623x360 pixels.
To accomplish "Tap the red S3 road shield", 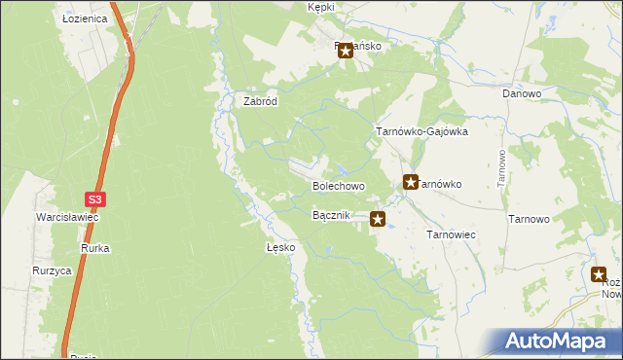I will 94,199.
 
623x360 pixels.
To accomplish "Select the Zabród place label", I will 261,100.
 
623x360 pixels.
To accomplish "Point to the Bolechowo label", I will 338,185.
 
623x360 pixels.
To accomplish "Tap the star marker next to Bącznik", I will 378,220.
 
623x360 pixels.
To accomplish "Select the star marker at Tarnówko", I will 411,182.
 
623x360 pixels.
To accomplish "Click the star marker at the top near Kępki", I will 345,52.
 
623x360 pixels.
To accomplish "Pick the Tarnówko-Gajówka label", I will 422,131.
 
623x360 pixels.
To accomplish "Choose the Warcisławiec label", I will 68,217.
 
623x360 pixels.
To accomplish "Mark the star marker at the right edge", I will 600,275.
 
